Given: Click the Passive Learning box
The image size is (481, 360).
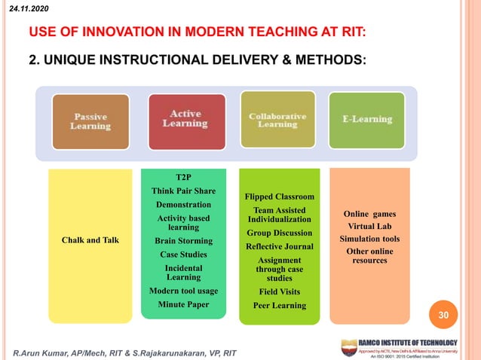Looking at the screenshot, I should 90,121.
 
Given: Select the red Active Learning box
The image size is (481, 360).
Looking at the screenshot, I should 185,120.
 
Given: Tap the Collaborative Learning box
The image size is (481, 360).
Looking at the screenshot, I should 277,121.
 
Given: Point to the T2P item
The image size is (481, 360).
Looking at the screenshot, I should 183,177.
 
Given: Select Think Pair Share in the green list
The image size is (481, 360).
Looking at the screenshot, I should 183,191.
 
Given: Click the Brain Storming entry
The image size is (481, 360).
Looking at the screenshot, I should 183,241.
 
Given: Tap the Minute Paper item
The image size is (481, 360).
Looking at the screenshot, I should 183,304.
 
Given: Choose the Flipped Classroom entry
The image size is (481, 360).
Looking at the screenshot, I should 280,197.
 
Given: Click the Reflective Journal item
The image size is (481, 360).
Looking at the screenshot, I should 280,246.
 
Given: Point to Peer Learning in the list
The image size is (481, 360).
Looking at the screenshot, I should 280,305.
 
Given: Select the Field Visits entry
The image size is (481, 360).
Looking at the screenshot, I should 280,291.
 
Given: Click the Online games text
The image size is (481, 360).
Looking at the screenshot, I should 369,214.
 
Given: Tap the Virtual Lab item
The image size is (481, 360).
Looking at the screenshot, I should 369,226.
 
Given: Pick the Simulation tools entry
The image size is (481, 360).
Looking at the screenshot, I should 369,239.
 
